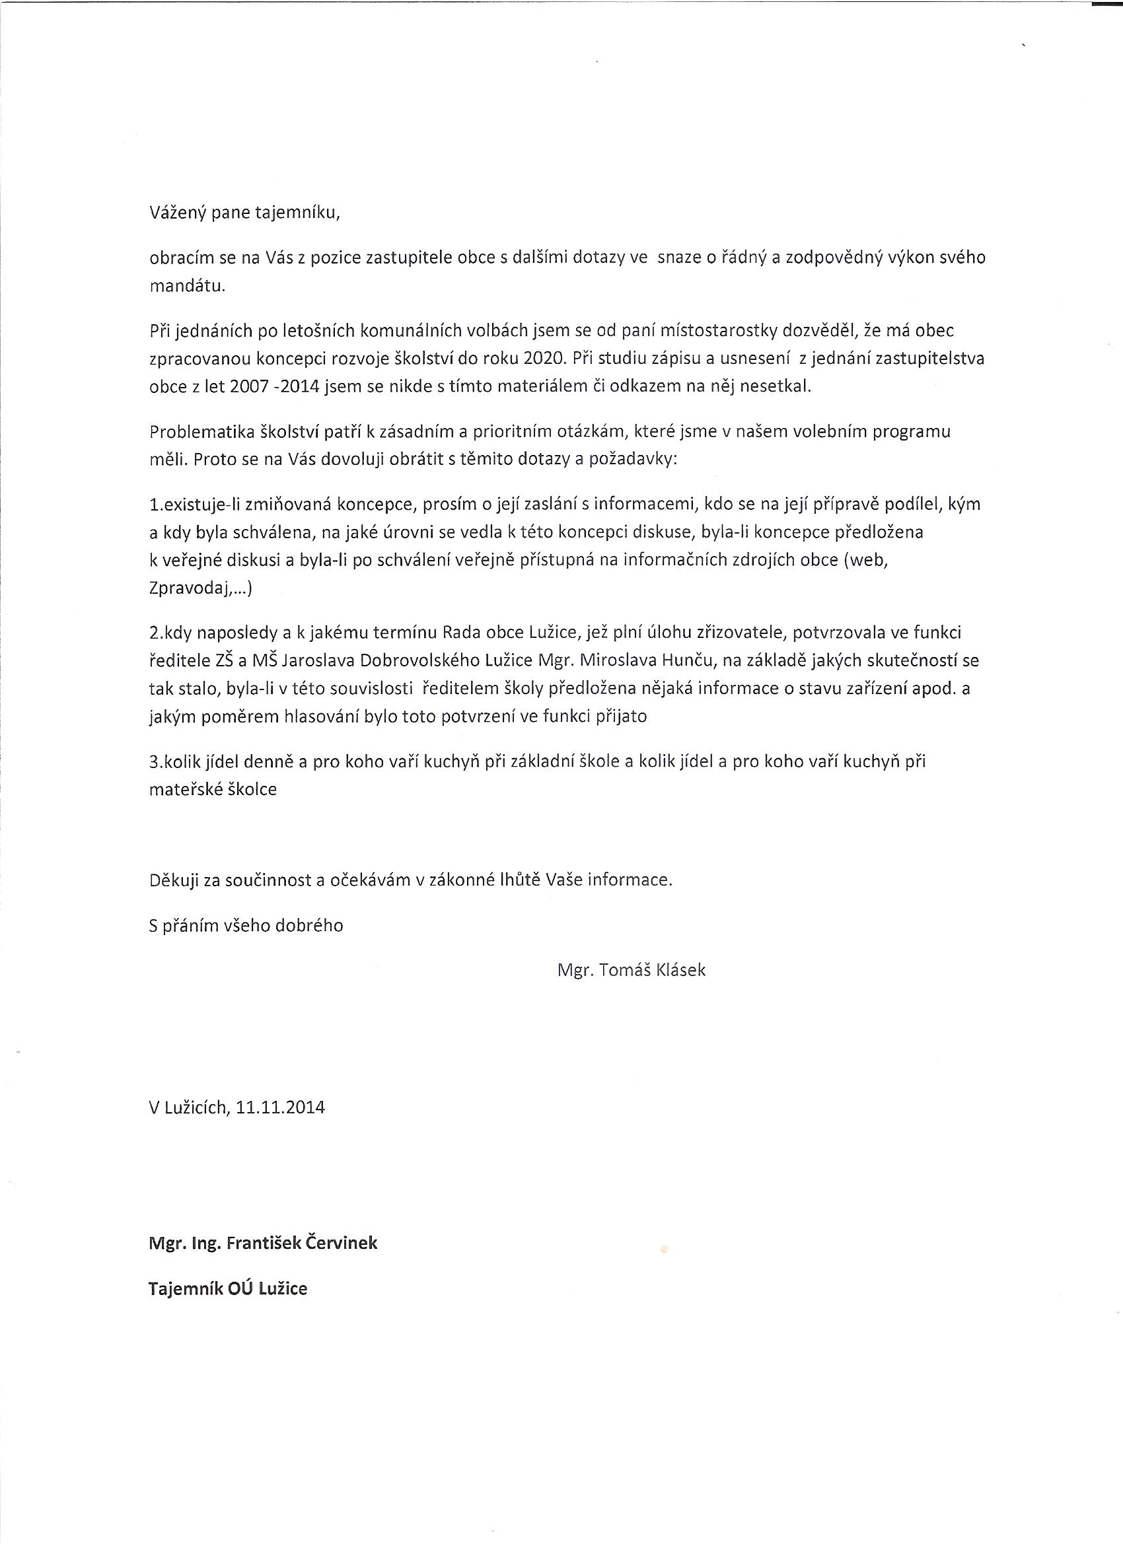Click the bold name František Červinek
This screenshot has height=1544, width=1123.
coord(301,1243)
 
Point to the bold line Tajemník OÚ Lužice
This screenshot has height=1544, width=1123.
coord(228,1288)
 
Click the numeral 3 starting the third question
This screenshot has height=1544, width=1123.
coord(153,762)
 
